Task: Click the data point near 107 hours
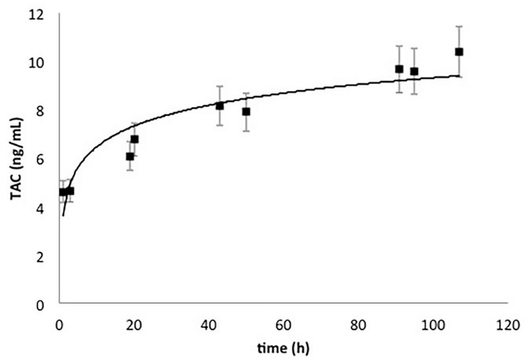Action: (459, 52)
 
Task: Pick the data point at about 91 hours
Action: (399, 69)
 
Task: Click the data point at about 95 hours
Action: (414, 71)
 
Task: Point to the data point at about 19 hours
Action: (130, 156)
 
